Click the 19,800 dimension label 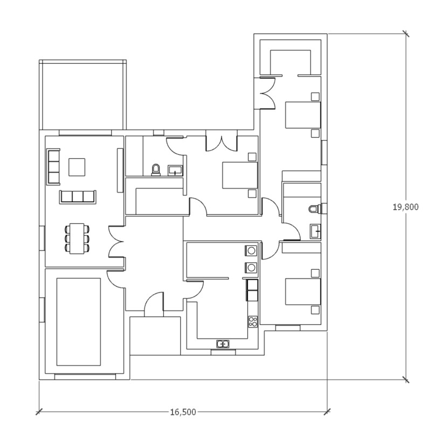tap(405, 207)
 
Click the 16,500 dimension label tap(183, 412)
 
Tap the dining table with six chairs tap(77, 239)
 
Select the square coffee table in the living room tap(77, 167)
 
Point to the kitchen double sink tap(223, 344)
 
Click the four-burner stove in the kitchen tap(253, 322)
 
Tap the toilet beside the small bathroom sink tap(156, 170)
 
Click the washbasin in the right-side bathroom tap(315, 231)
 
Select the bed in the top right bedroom tap(303, 115)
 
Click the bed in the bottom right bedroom tap(303, 291)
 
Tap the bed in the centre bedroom tap(240, 175)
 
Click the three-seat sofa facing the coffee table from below tap(78, 197)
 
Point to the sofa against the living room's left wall tap(53, 167)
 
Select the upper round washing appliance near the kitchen tap(251, 250)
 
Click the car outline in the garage tap(79, 322)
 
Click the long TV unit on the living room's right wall tap(120, 170)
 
